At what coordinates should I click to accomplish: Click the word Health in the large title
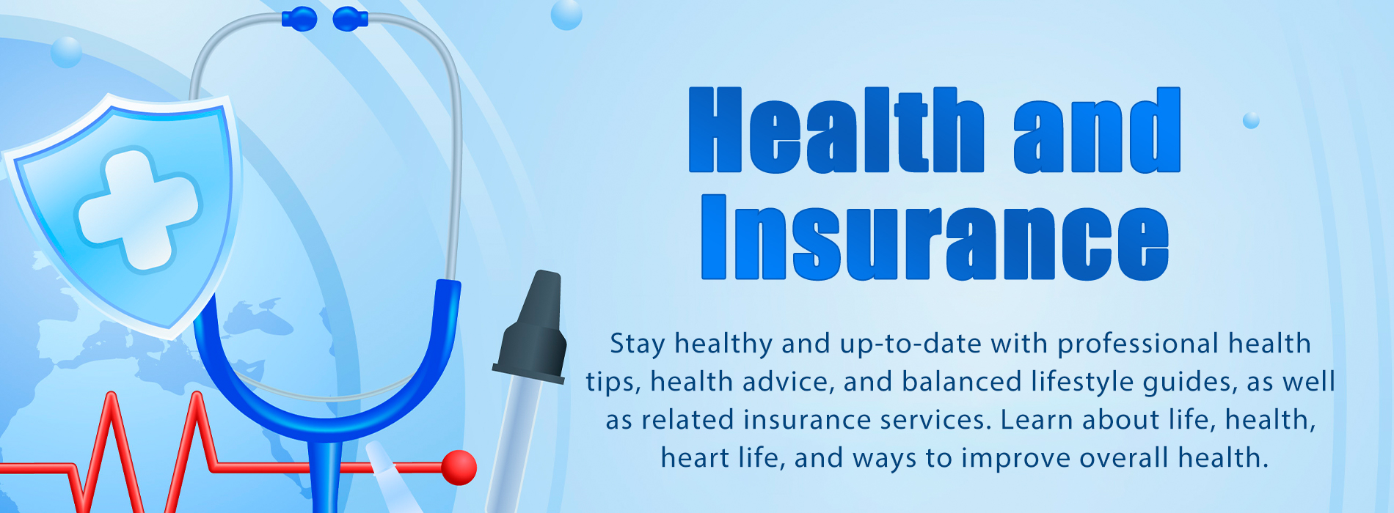836,130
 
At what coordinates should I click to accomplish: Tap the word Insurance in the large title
935,237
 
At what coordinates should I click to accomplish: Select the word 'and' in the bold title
1098,130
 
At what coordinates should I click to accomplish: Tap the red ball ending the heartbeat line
459,467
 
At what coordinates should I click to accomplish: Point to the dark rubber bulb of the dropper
532,326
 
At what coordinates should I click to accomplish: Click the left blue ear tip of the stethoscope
299,19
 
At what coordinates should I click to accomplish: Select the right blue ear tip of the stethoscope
350,19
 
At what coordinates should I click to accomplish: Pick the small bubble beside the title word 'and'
1251,120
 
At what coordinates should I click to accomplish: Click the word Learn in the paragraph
1036,420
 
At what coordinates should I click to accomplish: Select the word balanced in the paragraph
962,382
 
